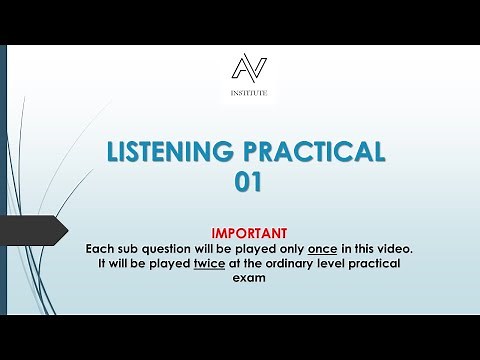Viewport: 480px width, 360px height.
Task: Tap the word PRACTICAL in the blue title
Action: [314, 152]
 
